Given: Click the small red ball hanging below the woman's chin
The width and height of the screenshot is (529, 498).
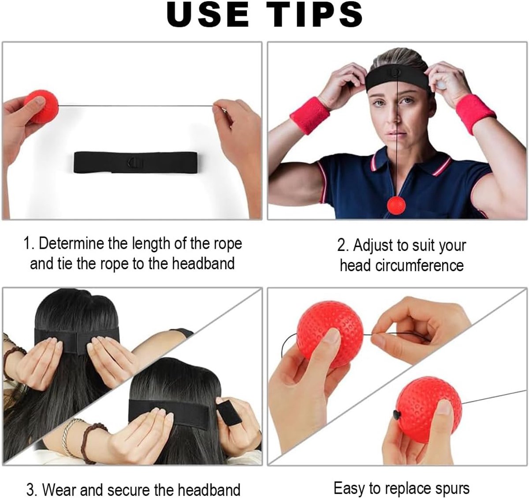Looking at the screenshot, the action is click(x=396, y=205).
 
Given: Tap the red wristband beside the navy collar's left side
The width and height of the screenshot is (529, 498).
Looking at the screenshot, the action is click(x=310, y=116).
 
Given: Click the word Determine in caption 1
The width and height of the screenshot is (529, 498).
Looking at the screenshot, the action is click(x=71, y=243).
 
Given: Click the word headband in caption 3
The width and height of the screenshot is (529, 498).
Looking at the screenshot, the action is click(x=209, y=490).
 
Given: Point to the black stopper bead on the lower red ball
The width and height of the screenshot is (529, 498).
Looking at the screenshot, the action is click(x=397, y=415).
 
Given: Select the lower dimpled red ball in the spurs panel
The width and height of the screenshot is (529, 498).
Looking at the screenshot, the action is click(x=429, y=409).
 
